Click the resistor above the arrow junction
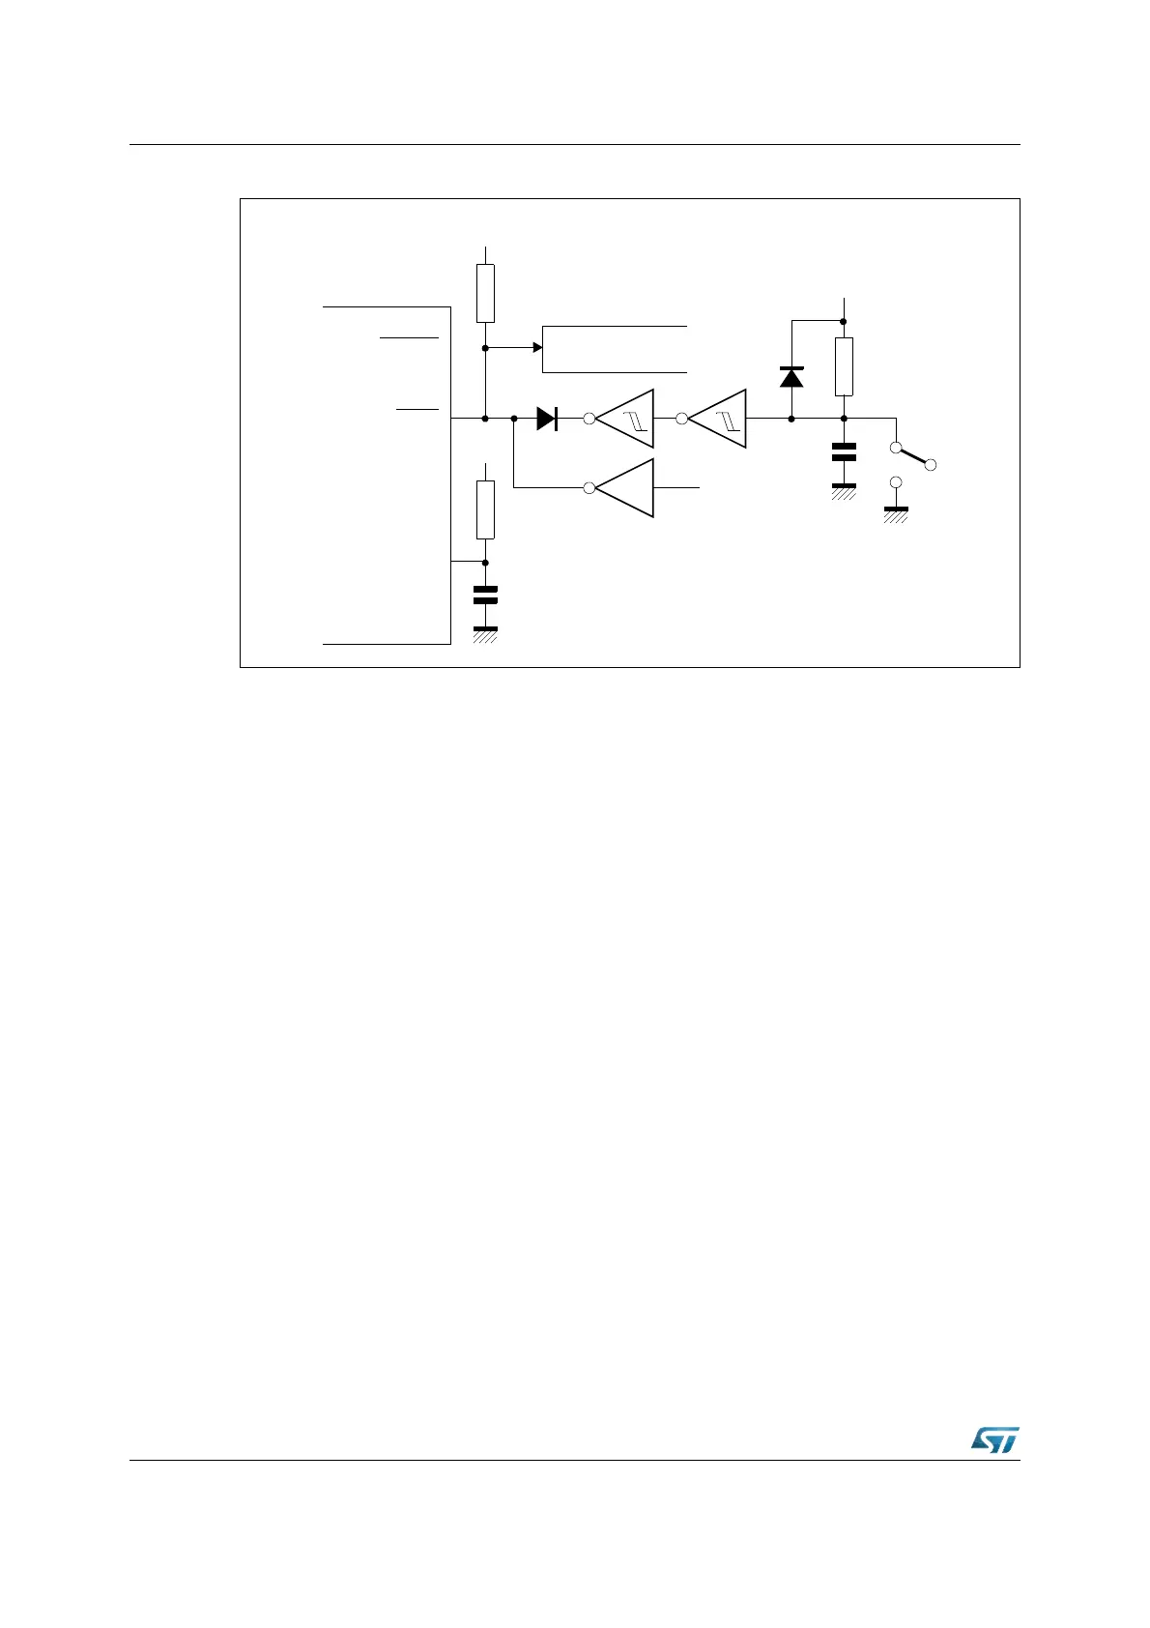click(485, 293)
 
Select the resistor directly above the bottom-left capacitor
click(485, 509)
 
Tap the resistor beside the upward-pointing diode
click(844, 366)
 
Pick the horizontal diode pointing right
click(547, 419)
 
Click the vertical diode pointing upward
click(791, 377)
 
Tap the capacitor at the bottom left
click(485, 595)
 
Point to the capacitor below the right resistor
click(844, 451)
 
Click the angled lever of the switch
click(914, 456)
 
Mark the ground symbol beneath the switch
click(896, 512)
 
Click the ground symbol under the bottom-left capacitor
click(485, 633)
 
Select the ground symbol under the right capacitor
click(844, 490)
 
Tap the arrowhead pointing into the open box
click(538, 347)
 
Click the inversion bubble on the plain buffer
click(589, 488)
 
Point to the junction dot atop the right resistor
click(844, 320)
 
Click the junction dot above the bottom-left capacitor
click(485, 562)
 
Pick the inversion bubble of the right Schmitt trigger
click(681, 419)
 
